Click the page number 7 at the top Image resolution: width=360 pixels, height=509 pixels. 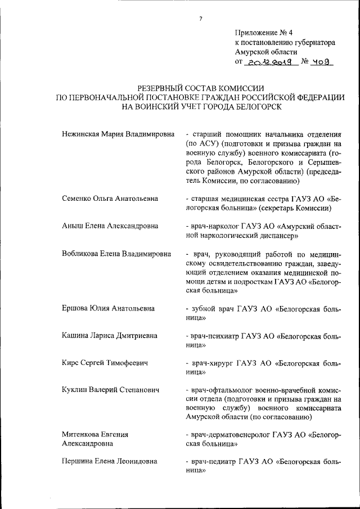pos(200,19)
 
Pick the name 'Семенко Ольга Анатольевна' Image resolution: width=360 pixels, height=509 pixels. pos(110,199)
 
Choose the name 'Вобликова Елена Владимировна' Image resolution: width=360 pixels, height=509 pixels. pos(116,254)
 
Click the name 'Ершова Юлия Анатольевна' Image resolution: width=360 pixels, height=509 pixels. pos(109,308)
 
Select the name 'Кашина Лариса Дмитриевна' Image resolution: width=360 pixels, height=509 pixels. pos(110,336)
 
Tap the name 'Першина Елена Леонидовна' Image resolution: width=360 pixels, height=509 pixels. pos(110,462)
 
